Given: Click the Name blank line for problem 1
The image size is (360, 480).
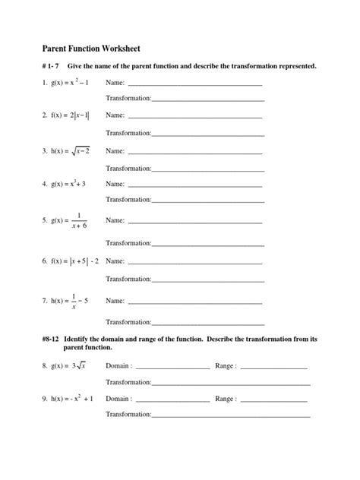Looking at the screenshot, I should (x=195, y=84).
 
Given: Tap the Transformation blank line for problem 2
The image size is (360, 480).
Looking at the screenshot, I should (x=207, y=134).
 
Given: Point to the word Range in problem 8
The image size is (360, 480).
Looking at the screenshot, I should (x=226, y=365).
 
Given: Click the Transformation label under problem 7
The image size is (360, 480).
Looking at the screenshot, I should (x=128, y=321).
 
